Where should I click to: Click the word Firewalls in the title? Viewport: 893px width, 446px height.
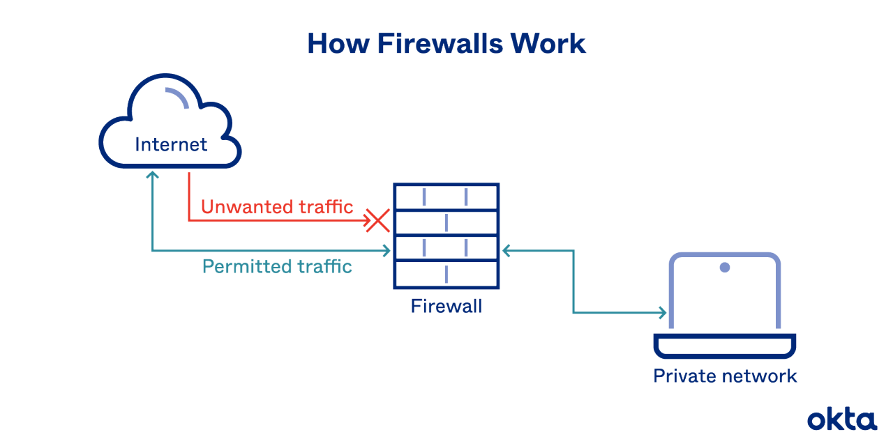(440, 43)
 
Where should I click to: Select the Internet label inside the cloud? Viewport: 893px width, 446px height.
(171, 145)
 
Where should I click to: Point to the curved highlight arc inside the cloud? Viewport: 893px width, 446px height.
(178, 98)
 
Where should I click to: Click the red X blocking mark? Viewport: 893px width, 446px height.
(377, 222)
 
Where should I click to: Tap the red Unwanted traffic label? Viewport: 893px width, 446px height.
(277, 207)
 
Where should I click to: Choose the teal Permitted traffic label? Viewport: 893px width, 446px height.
(277, 266)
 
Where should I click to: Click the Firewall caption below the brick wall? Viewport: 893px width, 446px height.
(446, 306)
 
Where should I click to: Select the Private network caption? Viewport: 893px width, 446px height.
(725, 376)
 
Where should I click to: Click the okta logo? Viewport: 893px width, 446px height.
(841, 420)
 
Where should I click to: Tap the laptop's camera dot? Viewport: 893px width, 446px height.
(725, 267)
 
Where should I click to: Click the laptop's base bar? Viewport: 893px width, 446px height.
(725, 345)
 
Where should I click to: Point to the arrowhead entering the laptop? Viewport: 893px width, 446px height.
(662, 313)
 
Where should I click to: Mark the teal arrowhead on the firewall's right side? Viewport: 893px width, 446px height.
(507, 250)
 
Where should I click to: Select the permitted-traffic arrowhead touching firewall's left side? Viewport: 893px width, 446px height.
(386, 250)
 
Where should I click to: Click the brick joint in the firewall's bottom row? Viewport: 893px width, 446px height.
(446, 275)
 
